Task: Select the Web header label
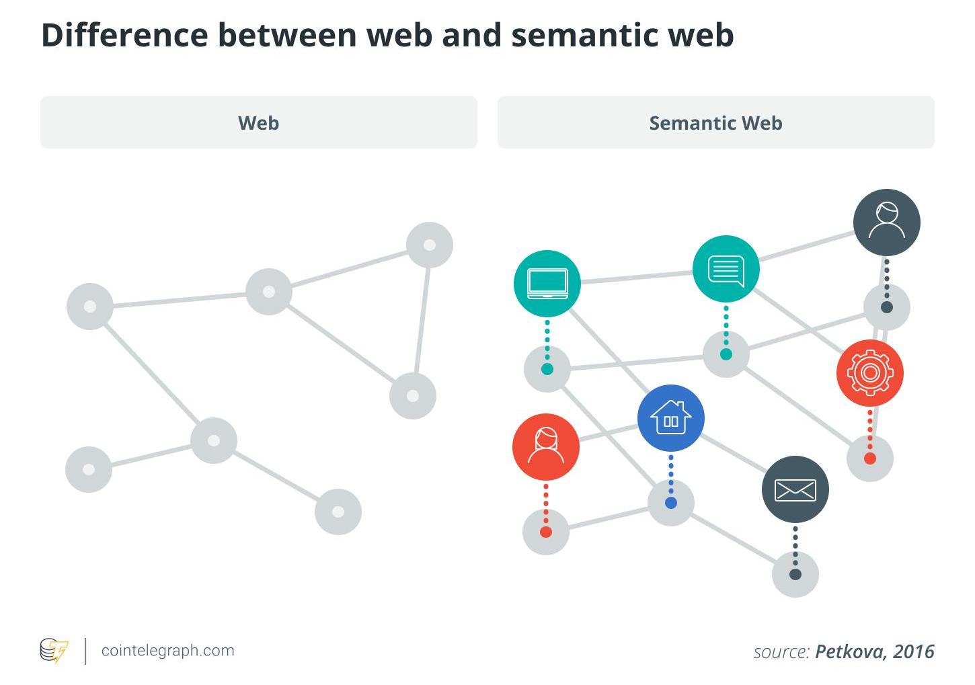[x=258, y=123]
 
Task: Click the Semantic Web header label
[x=715, y=123]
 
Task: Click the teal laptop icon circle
[x=547, y=283]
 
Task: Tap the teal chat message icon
[x=726, y=269]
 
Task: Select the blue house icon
[x=670, y=418]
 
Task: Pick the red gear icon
[x=869, y=372]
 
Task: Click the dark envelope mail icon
[x=795, y=489]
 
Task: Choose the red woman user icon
[x=545, y=446]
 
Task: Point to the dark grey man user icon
[x=886, y=222]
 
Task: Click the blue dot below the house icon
[x=670, y=503]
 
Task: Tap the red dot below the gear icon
[x=869, y=458]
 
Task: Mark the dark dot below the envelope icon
[x=795, y=574]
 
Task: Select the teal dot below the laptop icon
[x=547, y=368]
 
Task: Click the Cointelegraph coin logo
[x=54, y=651]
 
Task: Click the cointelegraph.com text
[x=167, y=651]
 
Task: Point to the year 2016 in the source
[x=914, y=651]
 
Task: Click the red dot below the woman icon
[x=545, y=532]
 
